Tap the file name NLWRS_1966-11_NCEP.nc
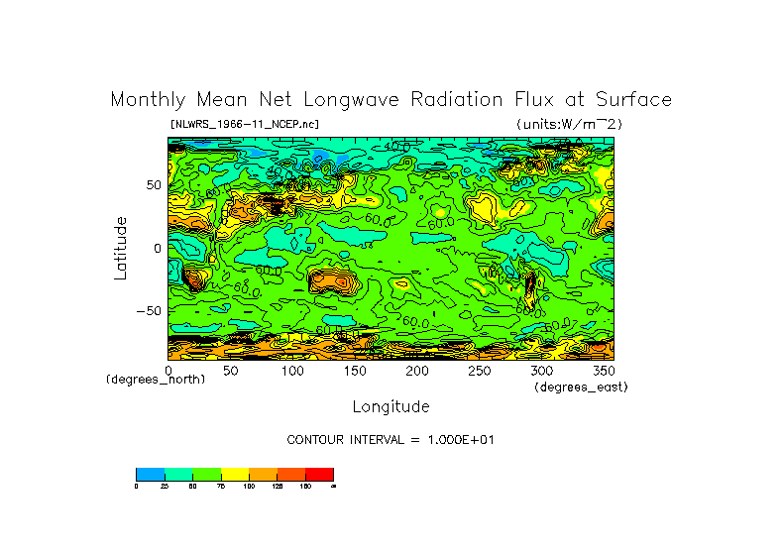tap(245, 124)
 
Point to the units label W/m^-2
tap(570, 124)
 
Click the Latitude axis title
tap(120, 248)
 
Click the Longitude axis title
tap(391, 406)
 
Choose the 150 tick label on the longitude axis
tap(355, 371)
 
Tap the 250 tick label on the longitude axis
tap(479, 371)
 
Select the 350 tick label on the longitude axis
tap(603, 371)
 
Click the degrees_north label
tap(156, 380)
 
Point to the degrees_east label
tap(581, 387)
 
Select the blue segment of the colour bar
tap(150, 474)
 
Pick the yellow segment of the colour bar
tap(234, 474)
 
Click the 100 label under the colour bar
tap(248, 486)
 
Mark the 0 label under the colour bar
tap(136, 486)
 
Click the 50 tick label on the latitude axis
tap(153, 185)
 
